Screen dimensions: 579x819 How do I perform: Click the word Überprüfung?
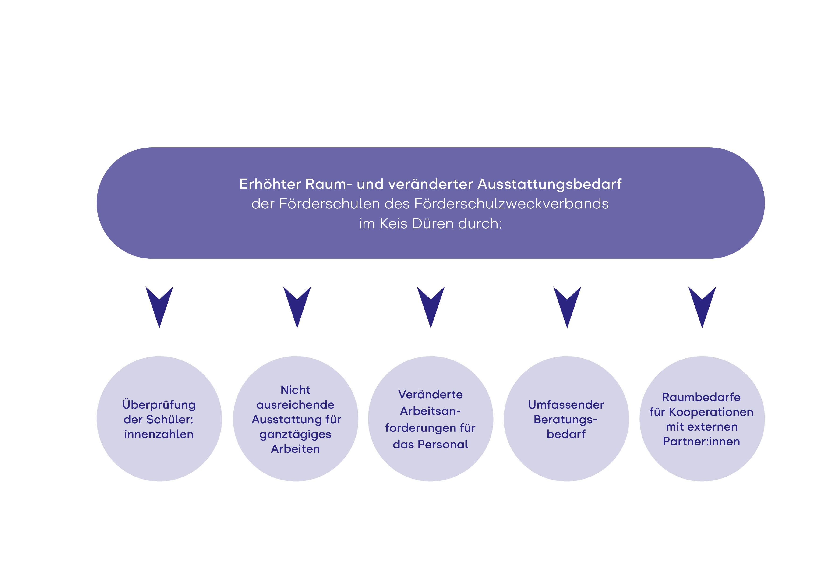point(159,405)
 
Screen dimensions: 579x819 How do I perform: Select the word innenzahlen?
point(159,434)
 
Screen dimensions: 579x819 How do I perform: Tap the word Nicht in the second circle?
point(295,390)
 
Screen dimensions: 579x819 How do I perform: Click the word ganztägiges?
point(295,434)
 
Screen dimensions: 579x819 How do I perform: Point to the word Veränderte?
point(431,395)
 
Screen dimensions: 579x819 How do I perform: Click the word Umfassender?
point(566,405)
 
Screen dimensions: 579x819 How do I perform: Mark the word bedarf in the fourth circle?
point(566,434)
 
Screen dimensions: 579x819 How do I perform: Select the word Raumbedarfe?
point(701,397)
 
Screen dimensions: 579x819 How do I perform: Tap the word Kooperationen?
point(711,412)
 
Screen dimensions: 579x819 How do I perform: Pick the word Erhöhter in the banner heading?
point(270,184)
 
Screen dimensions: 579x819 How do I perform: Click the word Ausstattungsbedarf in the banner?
point(549,184)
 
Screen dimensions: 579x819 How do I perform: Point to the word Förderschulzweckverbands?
point(512,204)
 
